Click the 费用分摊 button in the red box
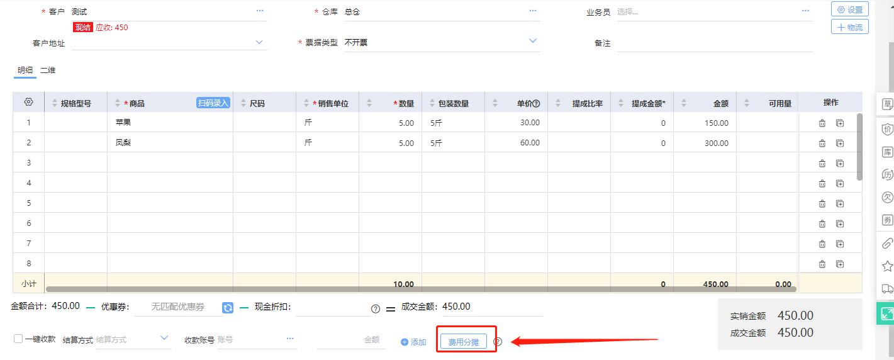[464, 342]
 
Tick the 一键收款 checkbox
[18, 339]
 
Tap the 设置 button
[850, 9]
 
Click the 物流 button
[850, 27]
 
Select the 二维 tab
[48, 70]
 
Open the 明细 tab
[25, 70]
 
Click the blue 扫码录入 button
[213, 103]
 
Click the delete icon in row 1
[822, 123]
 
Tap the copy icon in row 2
[840, 143]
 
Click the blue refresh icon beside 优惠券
[228, 307]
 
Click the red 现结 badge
[82, 27]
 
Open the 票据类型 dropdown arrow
[532, 41]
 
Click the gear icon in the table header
[28, 102]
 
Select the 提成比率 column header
[587, 103]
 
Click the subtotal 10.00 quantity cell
[403, 284]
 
